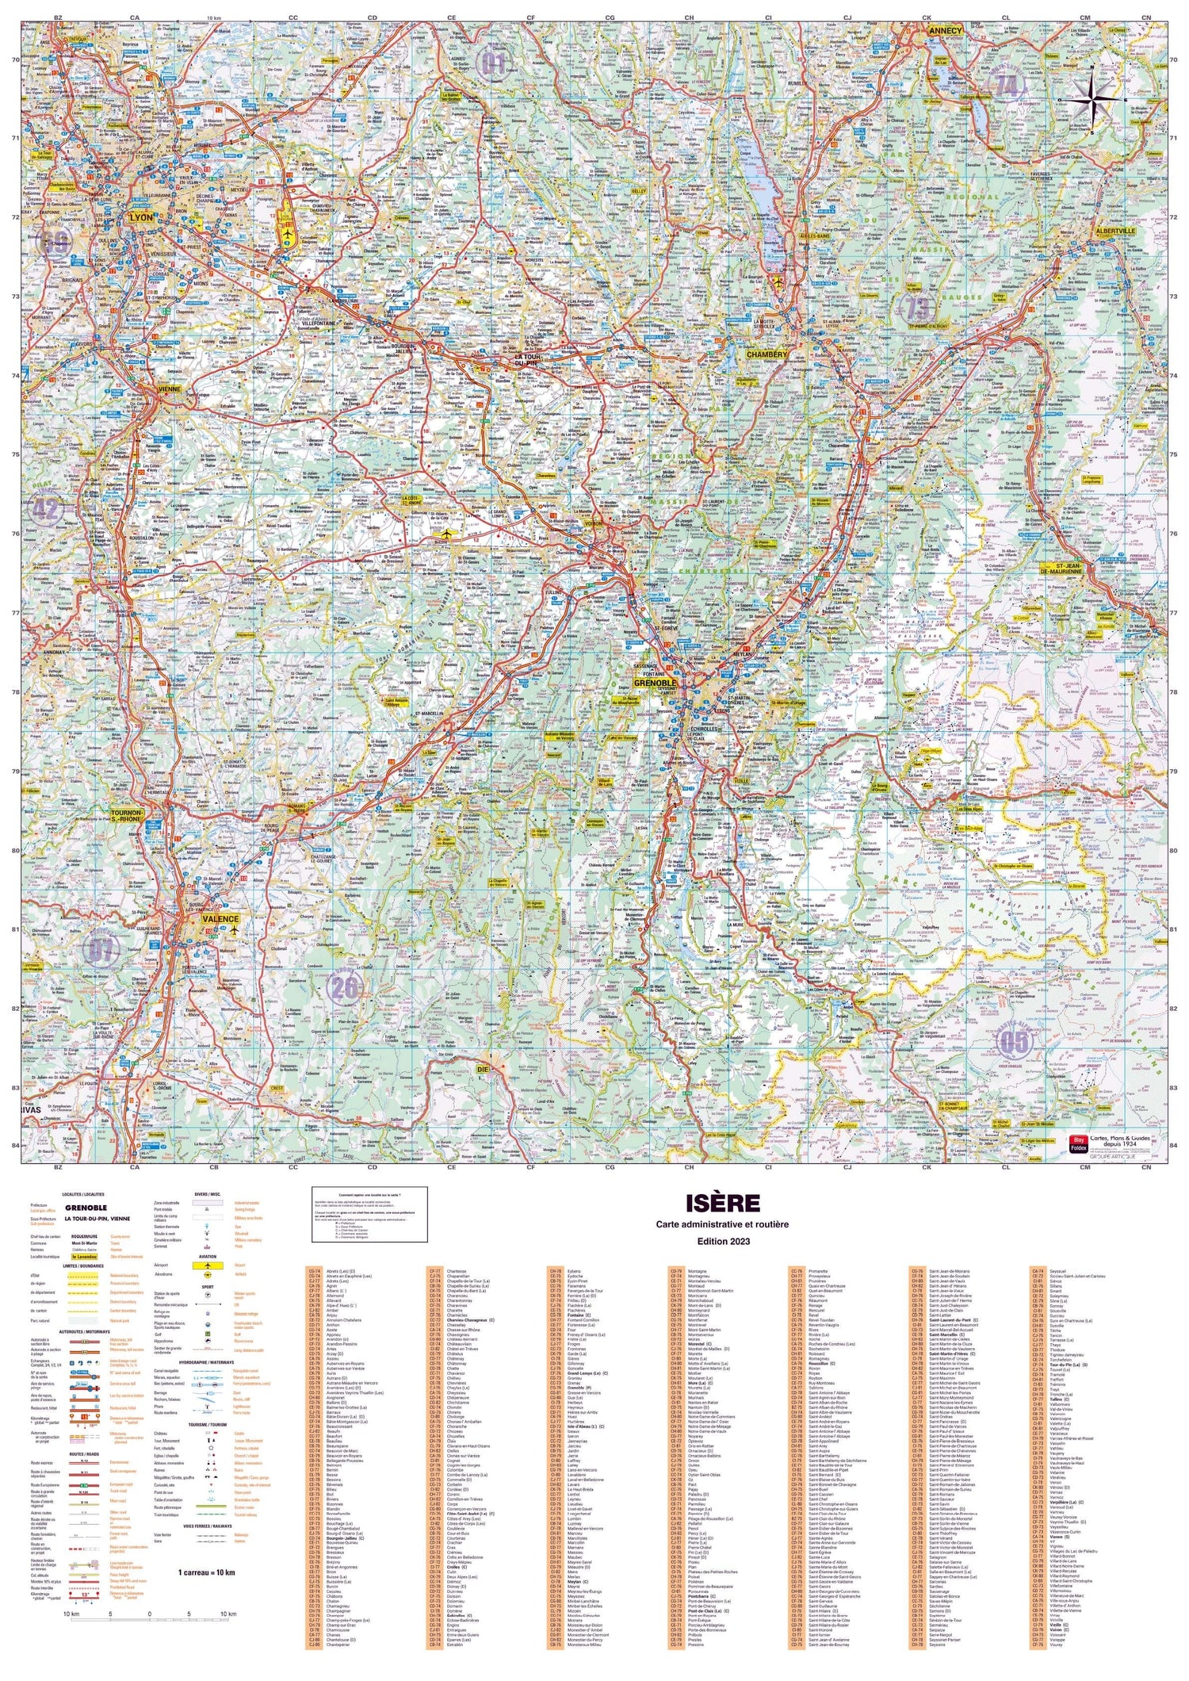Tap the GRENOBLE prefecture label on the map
[x=655, y=683]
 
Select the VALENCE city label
[x=220, y=919]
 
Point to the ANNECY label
[x=944, y=32]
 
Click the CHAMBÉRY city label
[x=767, y=354]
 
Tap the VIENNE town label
[x=170, y=390]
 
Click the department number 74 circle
[x=1007, y=86]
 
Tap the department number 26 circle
[x=344, y=987]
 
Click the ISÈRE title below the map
[x=722, y=1203]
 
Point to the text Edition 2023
[x=722, y=1241]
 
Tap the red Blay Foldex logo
[x=1078, y=1145]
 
